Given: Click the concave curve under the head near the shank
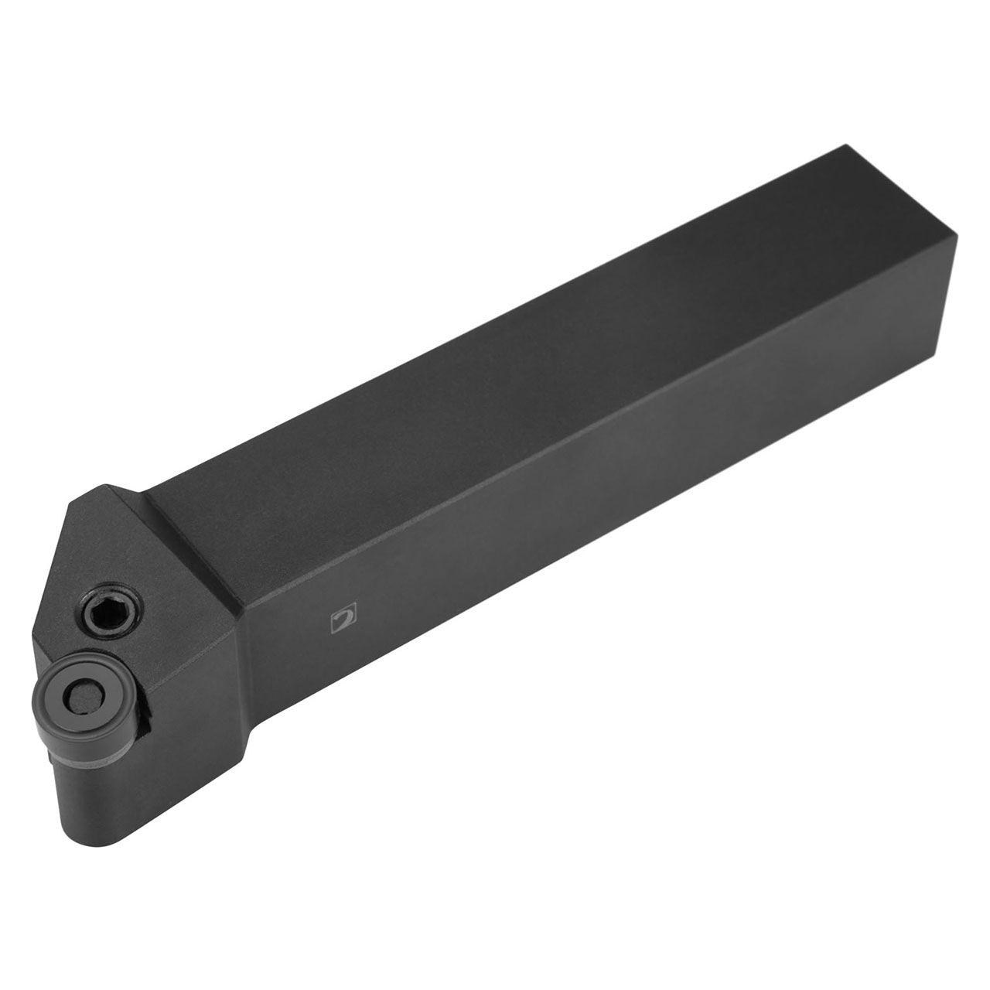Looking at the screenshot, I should [x=255, y=742].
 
